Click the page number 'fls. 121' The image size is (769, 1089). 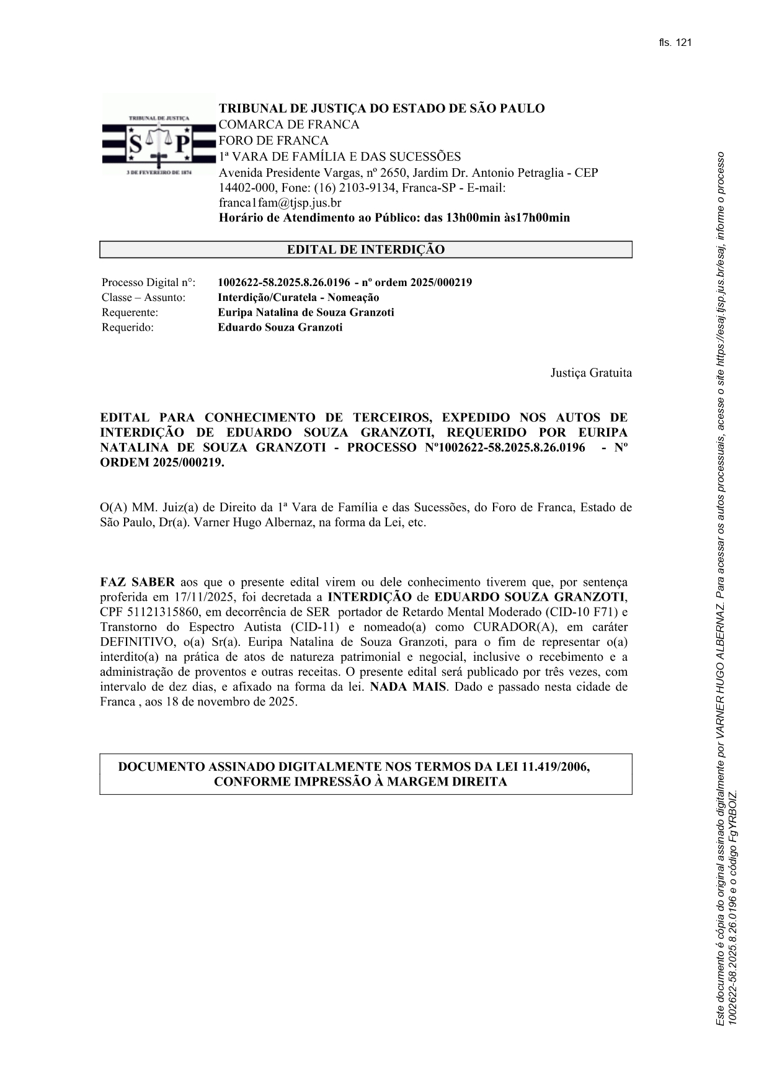(675, 43)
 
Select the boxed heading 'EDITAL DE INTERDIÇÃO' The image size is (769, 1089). (365, 250)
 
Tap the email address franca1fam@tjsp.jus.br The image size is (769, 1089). (280, 203)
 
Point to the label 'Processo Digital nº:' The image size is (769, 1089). (148, 283)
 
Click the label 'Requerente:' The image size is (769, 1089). (130, 313)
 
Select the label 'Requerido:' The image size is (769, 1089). (127, 328)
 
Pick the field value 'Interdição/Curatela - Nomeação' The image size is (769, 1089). (298, 298)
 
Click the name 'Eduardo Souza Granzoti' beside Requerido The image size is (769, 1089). (280, 328)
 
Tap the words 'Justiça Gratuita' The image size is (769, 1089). (590, 373)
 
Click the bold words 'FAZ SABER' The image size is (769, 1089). (137, 583)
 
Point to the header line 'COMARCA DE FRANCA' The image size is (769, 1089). (288, 125)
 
